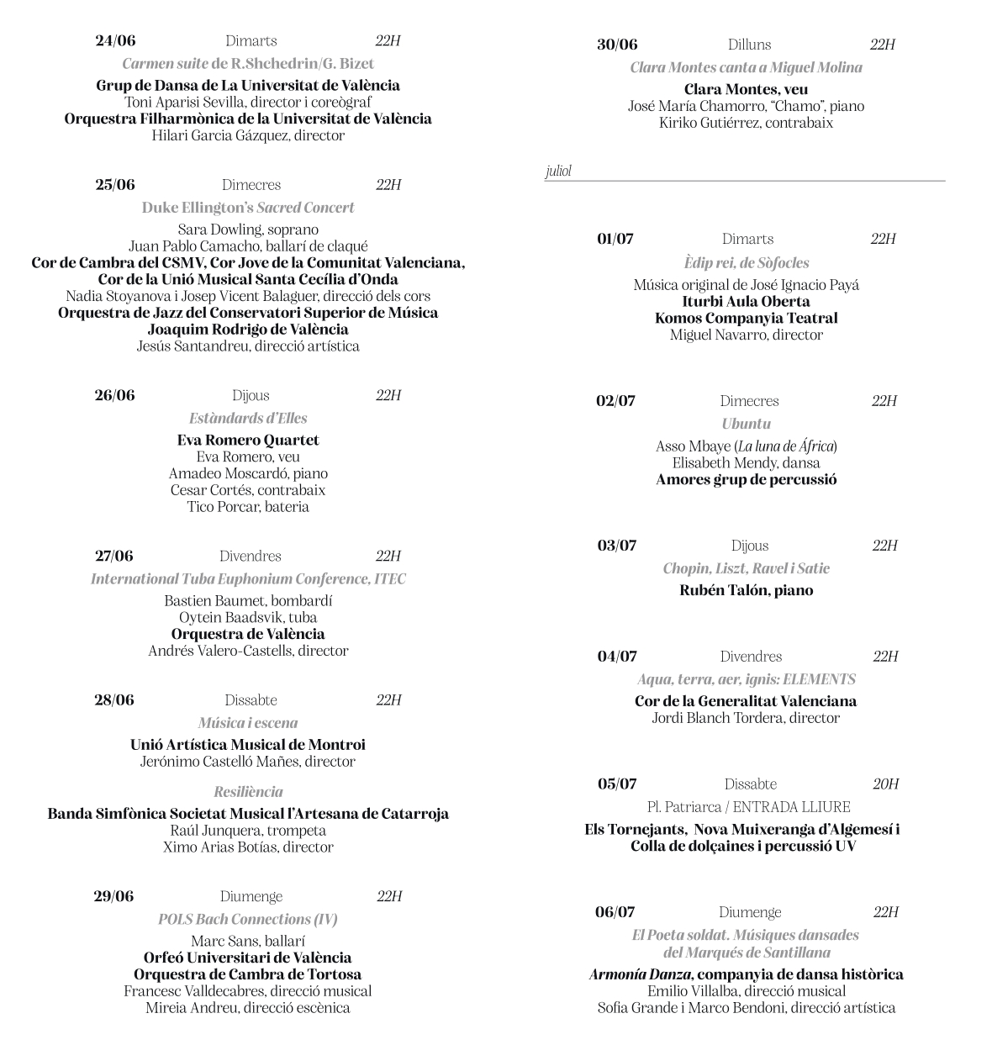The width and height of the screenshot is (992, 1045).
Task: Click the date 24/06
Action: point(115,41)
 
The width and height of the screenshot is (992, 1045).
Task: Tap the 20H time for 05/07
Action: point(885,784)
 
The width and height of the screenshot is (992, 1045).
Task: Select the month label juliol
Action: point(558,172)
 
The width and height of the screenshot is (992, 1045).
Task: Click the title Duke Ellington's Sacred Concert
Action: point(248,208)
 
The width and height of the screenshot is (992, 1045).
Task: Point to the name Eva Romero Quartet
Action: point(248,440)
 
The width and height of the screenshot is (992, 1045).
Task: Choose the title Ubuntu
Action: point(746,424)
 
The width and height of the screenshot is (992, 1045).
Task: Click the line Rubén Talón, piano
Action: point(747,590)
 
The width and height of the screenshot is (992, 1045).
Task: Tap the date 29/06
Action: point(113,896)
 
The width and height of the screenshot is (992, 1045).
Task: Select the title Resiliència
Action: point(248,792)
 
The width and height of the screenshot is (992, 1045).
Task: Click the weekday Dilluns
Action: point(749,45)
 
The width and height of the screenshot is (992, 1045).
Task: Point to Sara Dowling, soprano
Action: point(248,230)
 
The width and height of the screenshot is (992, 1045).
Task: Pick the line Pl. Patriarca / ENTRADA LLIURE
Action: point(748,807)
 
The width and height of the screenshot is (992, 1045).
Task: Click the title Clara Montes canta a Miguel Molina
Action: point(747,67)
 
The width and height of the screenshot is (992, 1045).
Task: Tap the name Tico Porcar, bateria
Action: point(248,507)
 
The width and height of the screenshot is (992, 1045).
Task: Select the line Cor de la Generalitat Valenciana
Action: point(746,701)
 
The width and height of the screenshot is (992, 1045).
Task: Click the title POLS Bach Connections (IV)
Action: point(248,919)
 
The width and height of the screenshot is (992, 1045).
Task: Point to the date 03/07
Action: point(617,546)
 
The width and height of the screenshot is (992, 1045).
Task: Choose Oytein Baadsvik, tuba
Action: point(248,618)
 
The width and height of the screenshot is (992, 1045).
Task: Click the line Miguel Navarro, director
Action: point(747,335)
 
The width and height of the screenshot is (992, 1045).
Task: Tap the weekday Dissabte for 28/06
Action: point(251,700)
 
